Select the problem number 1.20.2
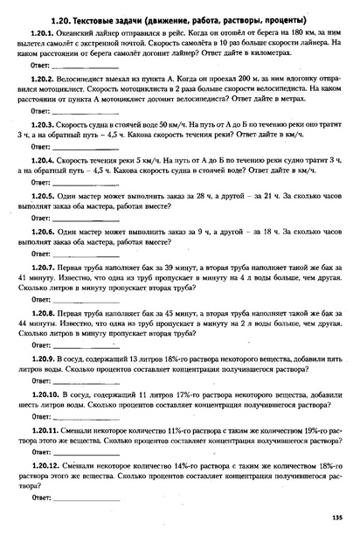[x=45, y=79]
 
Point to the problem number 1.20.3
[x=45, y=125]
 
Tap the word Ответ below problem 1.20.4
[x=38, y=184]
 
